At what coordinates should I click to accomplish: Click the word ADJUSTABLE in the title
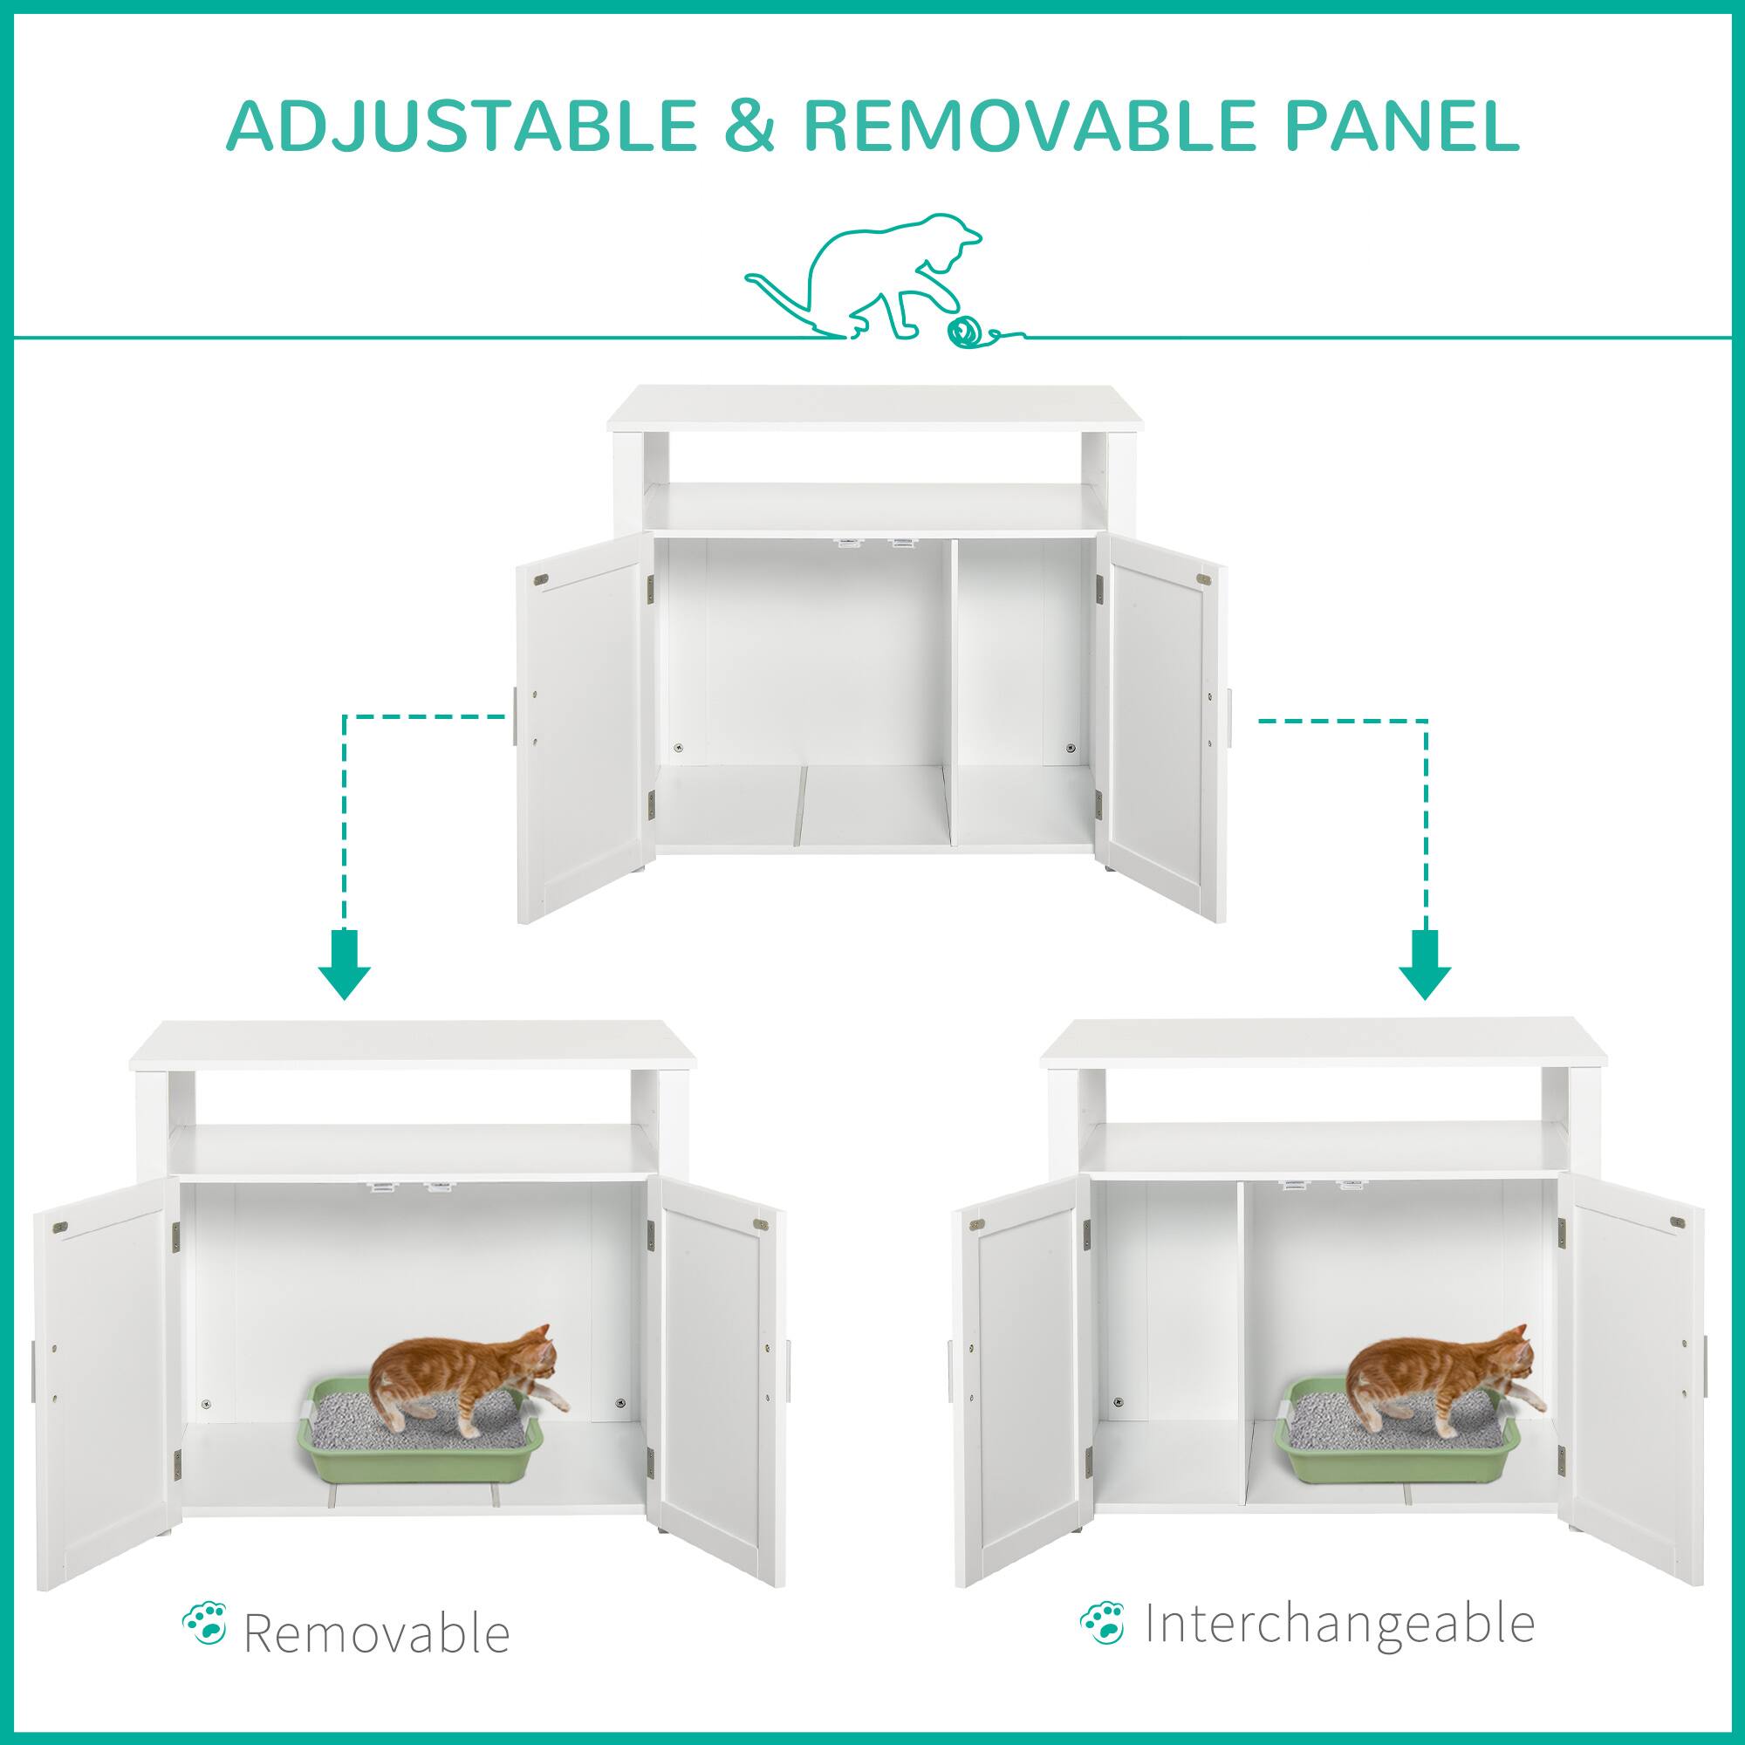[x=461, y=128]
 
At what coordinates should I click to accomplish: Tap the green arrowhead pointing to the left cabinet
[x=344, y=976]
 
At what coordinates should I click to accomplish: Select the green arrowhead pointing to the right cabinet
[x=1425, y=976]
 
